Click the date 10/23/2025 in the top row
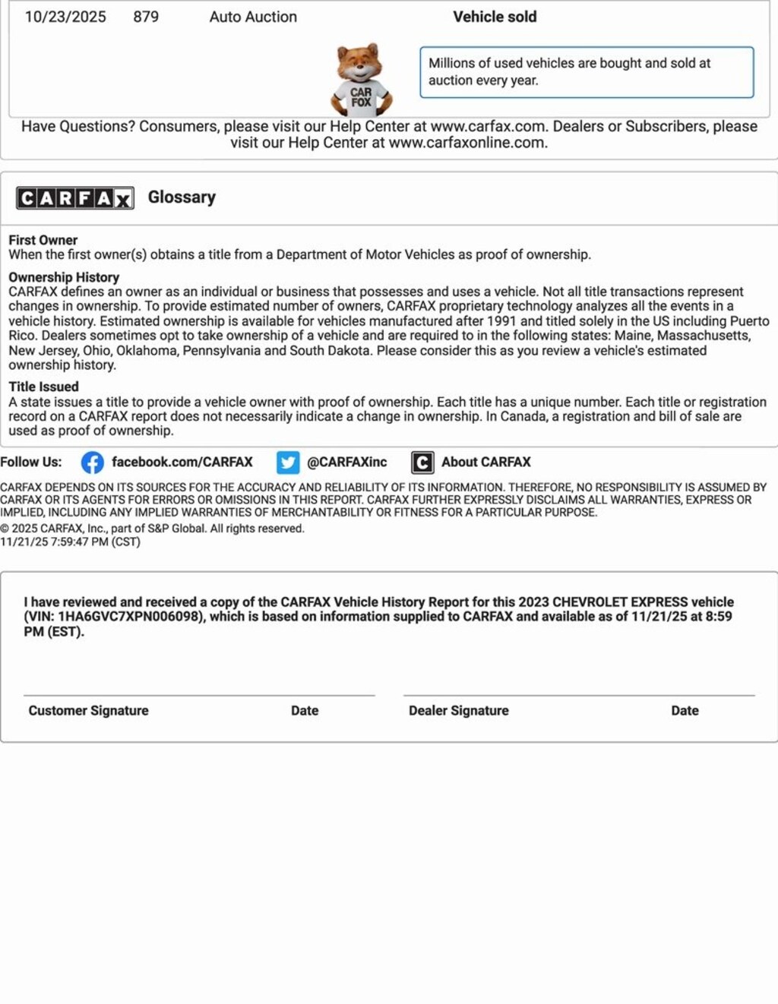click(x=65, y=17)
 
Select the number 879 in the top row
click(x=146, y=17)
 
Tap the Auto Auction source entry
click(x=253, y=17)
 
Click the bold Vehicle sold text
click(x=495, y=17)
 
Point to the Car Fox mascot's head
click(x=359, y=62)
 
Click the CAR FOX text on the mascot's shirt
click(x=361, y=97)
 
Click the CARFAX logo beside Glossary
click(x=75, y=198)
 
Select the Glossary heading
click(x=182, y=197)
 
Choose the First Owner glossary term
click(x=43, y=240)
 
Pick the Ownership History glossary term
click(x=64, y=277)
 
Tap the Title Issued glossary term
click(x=43, y=387)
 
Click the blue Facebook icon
click(x=93, y=463)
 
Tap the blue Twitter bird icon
click(x=288, y=463)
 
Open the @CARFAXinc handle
click(x=346, y=462)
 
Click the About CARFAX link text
click(x=485, y=462)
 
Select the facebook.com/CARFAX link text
click(x=182, y=462)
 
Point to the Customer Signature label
click(x=88, y=711)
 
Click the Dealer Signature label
click(x=459, y=711)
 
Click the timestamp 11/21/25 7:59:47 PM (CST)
click(x=70, y=542)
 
